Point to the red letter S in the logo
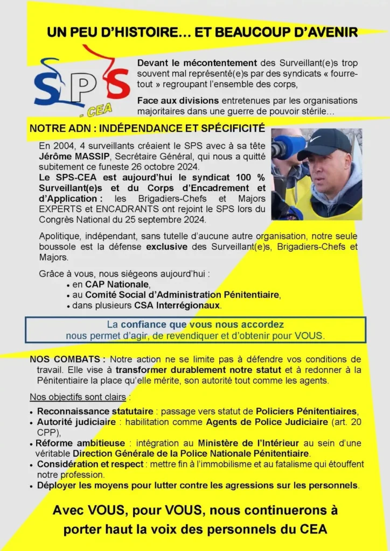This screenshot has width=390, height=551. coord(115,84)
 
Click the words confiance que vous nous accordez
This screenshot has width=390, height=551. coord(202,325)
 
